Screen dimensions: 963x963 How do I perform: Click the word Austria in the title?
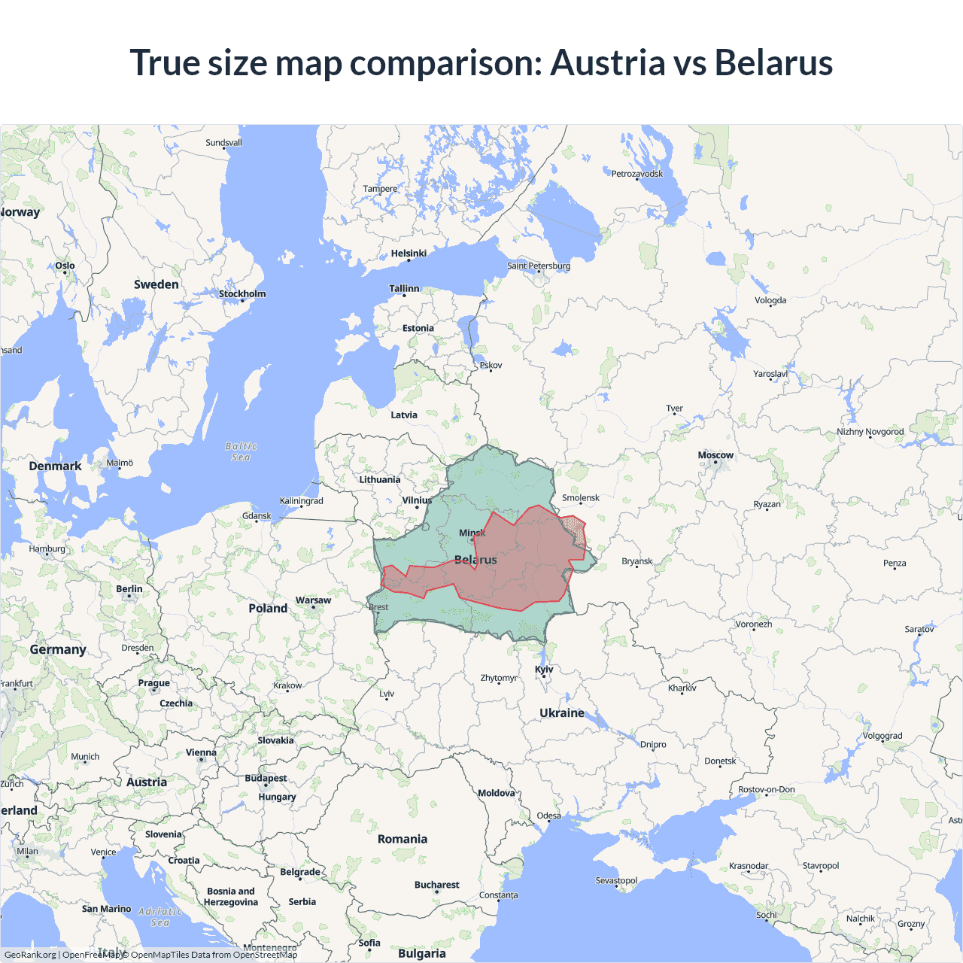click(608, 62)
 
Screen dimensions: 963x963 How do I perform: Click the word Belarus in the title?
click(773, 62)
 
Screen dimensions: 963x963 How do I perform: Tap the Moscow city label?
click(715, 455)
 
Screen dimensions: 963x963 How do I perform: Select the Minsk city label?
click(472, 533)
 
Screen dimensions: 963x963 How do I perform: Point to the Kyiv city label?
click(544, 669)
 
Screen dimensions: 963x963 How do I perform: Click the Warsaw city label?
click(313, 600)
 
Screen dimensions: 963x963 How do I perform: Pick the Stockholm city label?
click(242, 293)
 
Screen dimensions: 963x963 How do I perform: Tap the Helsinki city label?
click(409, 254)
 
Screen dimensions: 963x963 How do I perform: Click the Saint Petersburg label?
click(539, 266)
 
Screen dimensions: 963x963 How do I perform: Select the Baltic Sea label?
click(241, 451)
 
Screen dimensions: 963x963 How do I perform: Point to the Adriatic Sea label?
click(160, 916)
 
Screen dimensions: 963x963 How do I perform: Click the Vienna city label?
click(201, 752)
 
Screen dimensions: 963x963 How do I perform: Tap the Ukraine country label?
click(562, 712)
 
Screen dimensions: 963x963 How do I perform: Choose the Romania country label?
click(403, 839)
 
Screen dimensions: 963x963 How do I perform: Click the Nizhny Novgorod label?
click(870, 432)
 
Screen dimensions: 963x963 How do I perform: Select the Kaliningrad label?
click(301, 501)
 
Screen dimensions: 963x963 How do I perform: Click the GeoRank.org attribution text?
click(30, 955)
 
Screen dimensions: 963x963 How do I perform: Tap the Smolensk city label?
click(581, 498)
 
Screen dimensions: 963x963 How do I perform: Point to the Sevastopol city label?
click(616, 880)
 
